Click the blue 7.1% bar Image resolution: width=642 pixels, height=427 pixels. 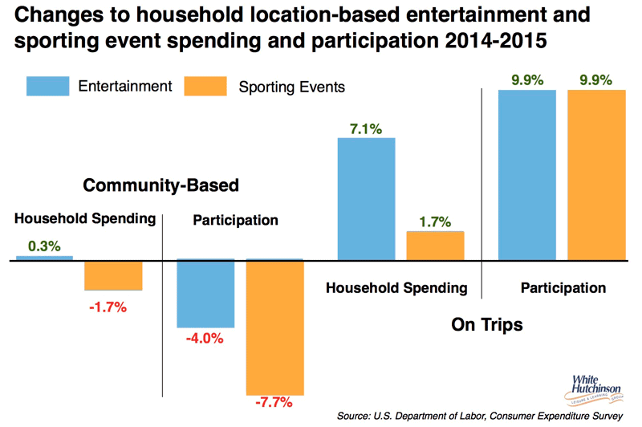[x=367, y=199]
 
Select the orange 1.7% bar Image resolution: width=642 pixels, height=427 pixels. [x=435, y=246]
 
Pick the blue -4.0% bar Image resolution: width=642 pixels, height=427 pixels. [x=205, y=293]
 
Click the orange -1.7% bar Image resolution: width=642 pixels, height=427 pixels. [x=114, y=274]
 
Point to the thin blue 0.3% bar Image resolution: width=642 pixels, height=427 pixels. [x=44, y=258]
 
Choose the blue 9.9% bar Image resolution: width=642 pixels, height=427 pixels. [x=527, y=175]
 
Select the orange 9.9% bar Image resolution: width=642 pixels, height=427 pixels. [x=596, y=175]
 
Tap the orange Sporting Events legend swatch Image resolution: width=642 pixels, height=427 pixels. [x=206, y=86]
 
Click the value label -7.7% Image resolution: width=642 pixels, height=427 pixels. [x=274, y=402]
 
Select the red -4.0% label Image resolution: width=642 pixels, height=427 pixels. [x=205, y=340]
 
